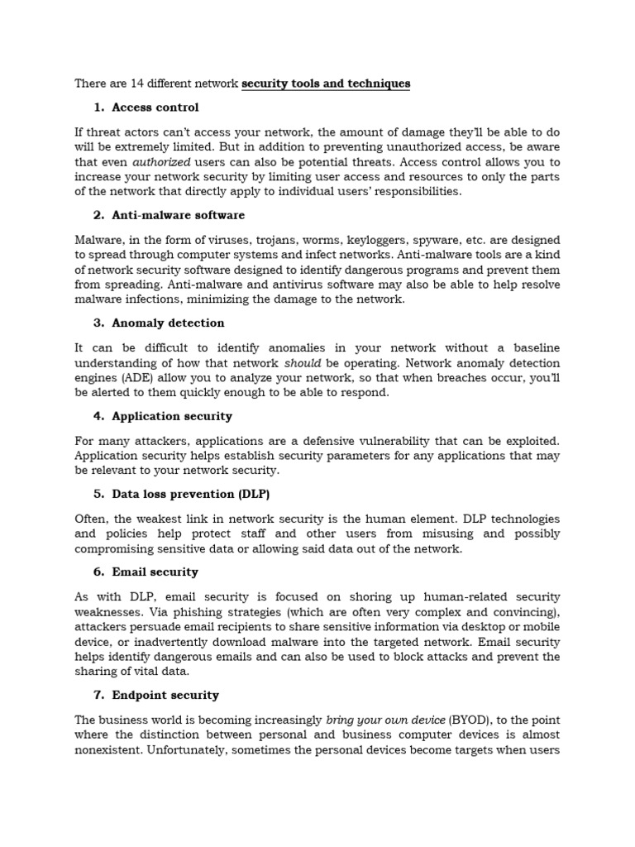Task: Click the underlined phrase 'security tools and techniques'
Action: (x=326, y=84)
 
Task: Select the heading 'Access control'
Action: (x=155, y=108)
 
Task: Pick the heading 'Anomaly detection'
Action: (x=168, y=323)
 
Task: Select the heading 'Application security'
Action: (x=172, y=416)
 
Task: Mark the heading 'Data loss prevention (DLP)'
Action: (x=191, y=494)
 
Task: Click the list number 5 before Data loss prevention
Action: (x=98, y=494)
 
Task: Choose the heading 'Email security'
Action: (x=155, y=572)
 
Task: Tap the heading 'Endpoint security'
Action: (x=165, y=695)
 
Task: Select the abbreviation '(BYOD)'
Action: (x=470, y=720)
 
